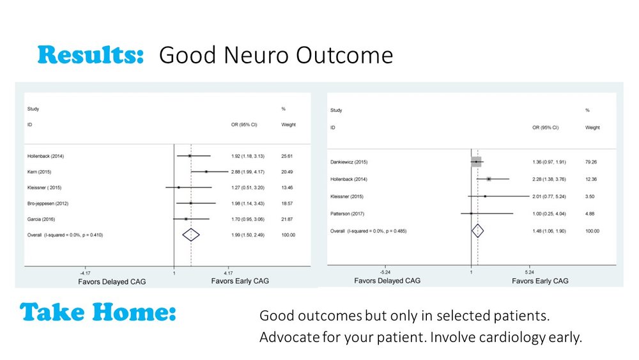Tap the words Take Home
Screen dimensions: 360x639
click(x=98, y=312)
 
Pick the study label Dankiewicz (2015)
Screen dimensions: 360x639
click(x=350, y=162)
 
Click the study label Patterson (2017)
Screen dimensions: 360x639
click(x=347, y=214)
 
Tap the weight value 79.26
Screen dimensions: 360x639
click(x=592, y=162)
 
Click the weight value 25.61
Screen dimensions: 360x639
click(x=288, y=156)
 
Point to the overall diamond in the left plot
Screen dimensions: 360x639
click(x=191, y=235)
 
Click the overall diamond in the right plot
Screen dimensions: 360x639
click(x=477, y=230)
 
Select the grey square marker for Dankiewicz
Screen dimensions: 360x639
click(x=476, y=162)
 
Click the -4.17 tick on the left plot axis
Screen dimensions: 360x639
click(x=84, y=272)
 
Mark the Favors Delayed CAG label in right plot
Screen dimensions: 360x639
click(x=389, y=280)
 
